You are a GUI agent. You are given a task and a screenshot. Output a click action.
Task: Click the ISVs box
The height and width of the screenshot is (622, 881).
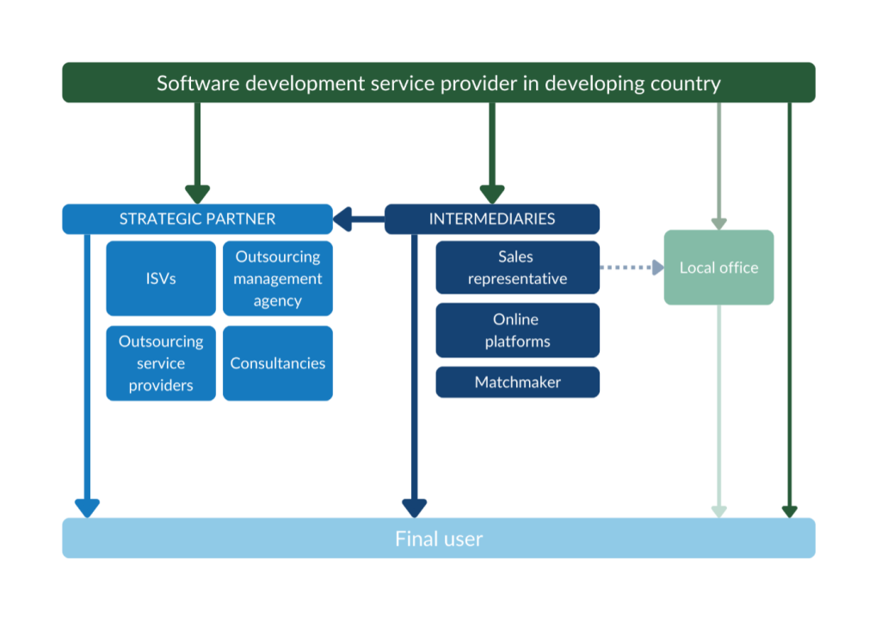pos(161,278)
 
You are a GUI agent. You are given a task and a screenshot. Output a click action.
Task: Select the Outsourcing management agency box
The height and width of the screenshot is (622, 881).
pos(277,278)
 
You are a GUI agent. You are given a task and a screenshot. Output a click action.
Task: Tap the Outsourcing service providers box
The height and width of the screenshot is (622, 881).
pos(161,363)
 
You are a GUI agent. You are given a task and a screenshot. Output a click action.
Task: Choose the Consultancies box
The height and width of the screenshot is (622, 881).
pos(277,363)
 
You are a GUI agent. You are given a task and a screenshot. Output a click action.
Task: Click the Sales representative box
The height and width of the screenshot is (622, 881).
pos(517,268)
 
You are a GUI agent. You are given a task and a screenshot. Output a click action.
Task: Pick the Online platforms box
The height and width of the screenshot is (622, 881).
pos(517,330)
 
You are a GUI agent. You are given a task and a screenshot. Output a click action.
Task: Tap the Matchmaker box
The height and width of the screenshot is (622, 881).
pos(517,382)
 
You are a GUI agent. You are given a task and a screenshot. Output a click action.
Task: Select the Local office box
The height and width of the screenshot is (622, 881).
pos(718,268)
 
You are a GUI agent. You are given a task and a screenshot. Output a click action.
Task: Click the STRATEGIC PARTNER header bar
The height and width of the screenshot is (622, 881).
pos(197,219)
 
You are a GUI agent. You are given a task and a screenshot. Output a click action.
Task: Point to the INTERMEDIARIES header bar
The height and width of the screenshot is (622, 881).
pos(491,219)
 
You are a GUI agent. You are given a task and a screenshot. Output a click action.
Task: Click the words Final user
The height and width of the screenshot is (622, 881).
pos(439,539)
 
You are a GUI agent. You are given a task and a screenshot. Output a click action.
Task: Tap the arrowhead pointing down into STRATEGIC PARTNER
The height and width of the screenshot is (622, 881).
pos(197,194)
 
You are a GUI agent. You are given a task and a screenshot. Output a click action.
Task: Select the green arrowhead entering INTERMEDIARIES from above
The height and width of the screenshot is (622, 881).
pos(491,194)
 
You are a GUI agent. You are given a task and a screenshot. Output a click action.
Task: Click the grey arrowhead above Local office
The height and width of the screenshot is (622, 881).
pos(718,223)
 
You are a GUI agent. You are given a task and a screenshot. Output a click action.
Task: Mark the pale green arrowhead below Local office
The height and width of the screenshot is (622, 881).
pos(718,511)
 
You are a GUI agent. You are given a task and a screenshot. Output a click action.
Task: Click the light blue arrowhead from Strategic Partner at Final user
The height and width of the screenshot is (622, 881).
pos(87,508)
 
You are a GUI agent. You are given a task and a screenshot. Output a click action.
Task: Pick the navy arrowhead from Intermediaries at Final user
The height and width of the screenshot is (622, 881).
pos(415,508)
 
